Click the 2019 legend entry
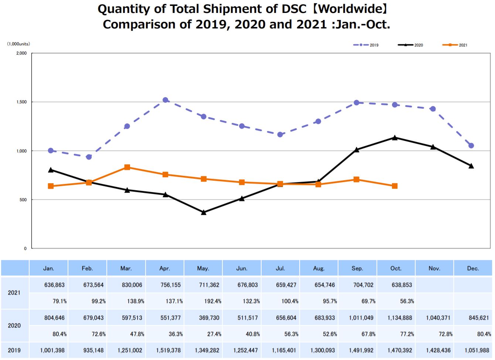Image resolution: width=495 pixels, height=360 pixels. pyautogui.click(x=366, y=45)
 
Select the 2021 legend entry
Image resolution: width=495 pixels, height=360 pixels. pyautogui.click(x=455, y=45)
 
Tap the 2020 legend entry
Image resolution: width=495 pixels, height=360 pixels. pyautogui.click(x=410, y=45)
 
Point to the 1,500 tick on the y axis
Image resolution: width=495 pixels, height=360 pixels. pyautogui.click(x=21, y=102)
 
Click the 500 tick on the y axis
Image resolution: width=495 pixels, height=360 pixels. pyautogui.click(x=23, y=200)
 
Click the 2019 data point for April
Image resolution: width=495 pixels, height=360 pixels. pyautogui.click(x=165, y=100)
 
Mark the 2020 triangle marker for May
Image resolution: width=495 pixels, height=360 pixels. pyautogui.click(x=204, y=212)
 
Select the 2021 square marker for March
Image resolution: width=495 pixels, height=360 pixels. pyautogui.click(x=127, y=167)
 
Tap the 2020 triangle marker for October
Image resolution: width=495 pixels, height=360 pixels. pyautogui.click(x=395, y=138)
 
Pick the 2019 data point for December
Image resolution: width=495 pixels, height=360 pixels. pyautogui.click(x=471, y=146)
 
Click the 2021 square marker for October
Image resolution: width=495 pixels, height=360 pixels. pyautogui.click(x=395, y=186)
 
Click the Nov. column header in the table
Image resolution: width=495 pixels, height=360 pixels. pyautogui.click(x=434, y=268)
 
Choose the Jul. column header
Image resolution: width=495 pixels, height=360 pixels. pyautogui.click(x=280, y=268)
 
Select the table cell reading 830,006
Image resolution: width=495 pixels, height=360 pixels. pyautogui.click(x=132, y=285)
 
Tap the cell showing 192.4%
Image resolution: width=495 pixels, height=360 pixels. pyautogui.click(x=210, y=301)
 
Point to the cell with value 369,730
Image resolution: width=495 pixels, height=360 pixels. pyautogui.click(x=209, y=318)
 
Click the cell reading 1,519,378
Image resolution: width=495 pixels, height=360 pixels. pyautogui.click(x=168, y=350)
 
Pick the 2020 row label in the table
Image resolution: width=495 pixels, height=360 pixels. pyautogui.click(x=14, y=326)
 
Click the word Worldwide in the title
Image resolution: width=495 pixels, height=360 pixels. pyautogui.click(x=348, y=9)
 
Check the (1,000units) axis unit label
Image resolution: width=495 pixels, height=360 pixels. pyautogui.click(x=18, y=44)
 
